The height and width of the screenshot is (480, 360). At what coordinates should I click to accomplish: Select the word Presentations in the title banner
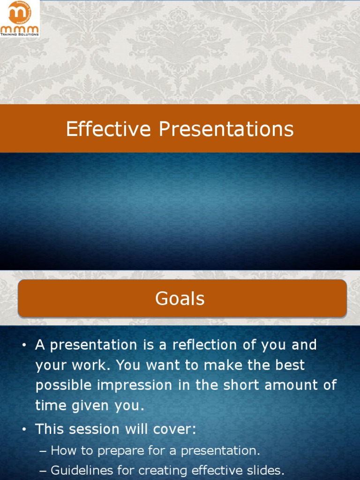226,129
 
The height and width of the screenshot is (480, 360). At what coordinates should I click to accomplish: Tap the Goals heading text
180,299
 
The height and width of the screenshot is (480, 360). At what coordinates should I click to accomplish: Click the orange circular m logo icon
20,14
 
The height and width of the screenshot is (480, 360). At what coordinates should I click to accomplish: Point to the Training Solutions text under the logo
20,34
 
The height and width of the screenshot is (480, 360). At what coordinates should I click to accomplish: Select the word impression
142,385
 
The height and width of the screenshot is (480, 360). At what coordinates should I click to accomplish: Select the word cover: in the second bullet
175,429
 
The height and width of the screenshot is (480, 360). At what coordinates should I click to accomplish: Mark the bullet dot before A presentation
24,346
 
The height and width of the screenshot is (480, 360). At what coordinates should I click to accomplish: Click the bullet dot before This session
24,430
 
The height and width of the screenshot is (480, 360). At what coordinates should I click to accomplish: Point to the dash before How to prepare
43,451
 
